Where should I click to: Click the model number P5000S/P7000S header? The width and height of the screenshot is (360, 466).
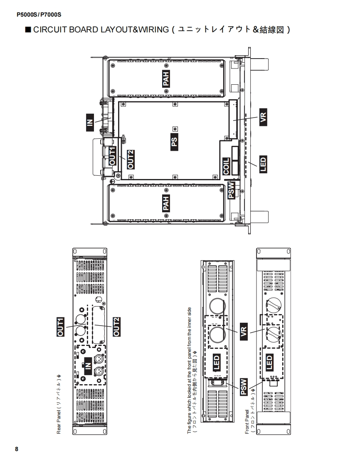(39, 15)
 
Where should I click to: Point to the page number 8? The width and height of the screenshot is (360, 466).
(17, 449)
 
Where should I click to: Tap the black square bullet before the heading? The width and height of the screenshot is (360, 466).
(28, 29)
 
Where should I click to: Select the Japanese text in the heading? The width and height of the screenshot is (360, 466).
(230, 30)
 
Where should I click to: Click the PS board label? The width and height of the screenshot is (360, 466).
(174, 142)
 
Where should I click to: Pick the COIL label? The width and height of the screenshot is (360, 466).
(226, 166)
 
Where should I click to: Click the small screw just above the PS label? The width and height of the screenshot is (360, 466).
(175, 129)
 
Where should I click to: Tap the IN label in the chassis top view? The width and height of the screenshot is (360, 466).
(90, 122)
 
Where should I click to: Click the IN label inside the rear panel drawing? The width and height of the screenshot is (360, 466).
(88, 365)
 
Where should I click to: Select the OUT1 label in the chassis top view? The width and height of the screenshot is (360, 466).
(112, 156)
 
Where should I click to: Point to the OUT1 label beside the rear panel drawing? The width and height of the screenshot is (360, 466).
(60, 327)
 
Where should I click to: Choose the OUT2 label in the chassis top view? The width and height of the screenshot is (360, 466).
(131, 159)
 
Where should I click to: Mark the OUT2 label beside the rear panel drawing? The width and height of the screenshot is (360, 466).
(117, 327)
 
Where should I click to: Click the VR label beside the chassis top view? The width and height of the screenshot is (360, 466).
(263, 117)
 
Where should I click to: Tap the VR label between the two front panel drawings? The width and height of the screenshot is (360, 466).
(244, 332)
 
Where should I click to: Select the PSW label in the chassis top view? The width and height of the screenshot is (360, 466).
(231, 190)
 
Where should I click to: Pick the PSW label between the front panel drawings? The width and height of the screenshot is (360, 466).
(244, 387)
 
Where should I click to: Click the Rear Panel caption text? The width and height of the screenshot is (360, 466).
(59, 405)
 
